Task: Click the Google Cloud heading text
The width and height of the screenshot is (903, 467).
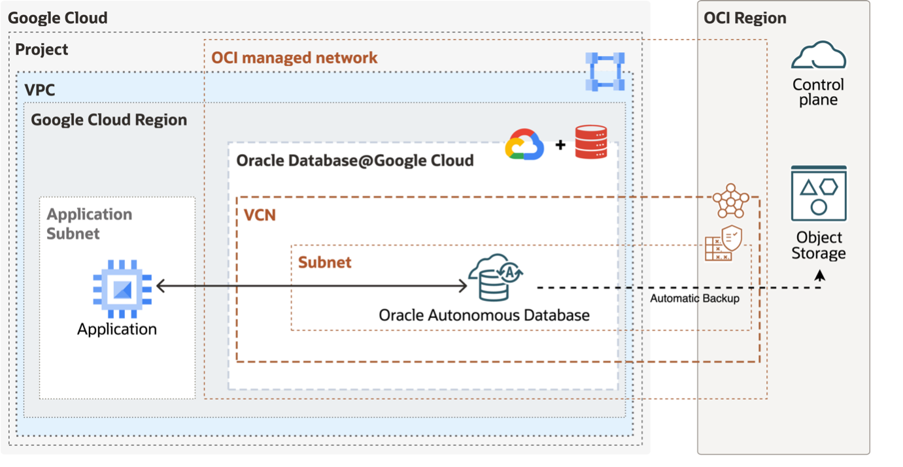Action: pyautogui.click(x=58, y=18)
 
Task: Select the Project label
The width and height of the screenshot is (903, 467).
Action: pyautogui.click(x=42, y=50)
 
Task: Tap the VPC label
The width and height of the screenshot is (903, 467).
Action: pyautogui.click(x=40, y=90)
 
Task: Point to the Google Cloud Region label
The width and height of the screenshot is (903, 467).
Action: pyautogui.click(x=109, y=120)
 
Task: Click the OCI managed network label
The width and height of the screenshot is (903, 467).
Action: pyautogui.click(x=294, y=57)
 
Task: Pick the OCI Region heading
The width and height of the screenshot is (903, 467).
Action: pyautogui.click(x=745, y=18)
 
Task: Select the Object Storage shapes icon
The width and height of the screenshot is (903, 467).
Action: pyautogui.click(x=819, y=194)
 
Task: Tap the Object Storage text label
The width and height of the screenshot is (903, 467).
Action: pyautogui.click(x=819, y=246)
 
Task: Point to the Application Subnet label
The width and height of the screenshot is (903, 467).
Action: pyautogui.click(x=90, y=223)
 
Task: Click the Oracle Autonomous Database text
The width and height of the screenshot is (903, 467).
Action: pyautogui.click(x=484, y=315)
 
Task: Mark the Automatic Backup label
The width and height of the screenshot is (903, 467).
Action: pyautogui.click(x=694, y=298)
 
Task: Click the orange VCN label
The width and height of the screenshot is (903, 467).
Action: pyautogui.click(x=260, y=215)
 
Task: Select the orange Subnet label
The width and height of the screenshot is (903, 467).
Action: pyautogui.click(x=324, y=263)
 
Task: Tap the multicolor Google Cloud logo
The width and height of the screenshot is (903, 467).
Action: pyautogui.click(x=524, y=144)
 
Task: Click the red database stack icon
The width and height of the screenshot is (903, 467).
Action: pyautogui.click(x=591, y=142)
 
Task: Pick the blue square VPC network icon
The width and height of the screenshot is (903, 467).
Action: pyautogui.click(x=605, y=71)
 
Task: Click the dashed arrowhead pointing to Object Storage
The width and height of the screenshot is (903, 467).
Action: pyautogui.click(x=819, y=276)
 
